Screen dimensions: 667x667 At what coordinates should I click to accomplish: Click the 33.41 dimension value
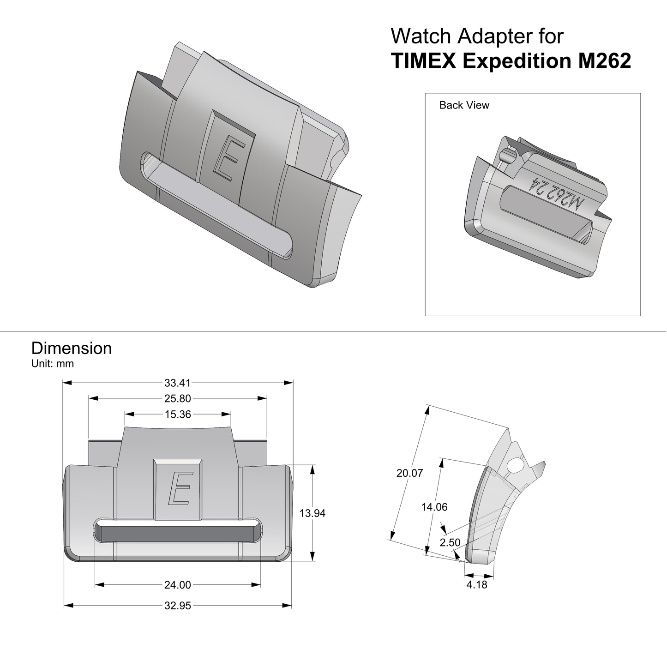click(x=178, y=383)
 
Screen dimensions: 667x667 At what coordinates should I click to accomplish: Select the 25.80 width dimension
click(x=178, y=398)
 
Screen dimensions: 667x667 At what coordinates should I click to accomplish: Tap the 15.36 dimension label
click(x=178, y=415)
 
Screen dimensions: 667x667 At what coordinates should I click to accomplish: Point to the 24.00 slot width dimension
click(x=178, y=585)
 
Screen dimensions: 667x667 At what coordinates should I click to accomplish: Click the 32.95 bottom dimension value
click(x=178, y=606)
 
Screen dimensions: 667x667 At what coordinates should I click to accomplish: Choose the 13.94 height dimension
click(x=312, y=513)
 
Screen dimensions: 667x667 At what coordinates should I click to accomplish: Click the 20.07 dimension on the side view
click(x=409, y=473)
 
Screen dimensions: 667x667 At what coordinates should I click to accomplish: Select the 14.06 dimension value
click(x=434, y=507)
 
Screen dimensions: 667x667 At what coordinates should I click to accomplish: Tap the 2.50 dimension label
click(x=450, y=542)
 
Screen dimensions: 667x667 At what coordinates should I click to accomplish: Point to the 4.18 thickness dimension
click(x=477, y=585)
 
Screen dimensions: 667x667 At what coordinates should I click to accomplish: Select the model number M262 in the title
click(x=604, y=61)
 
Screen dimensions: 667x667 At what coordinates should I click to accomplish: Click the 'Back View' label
click(x=464, y=105)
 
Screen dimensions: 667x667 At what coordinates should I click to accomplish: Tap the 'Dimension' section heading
click(x=72, y=348)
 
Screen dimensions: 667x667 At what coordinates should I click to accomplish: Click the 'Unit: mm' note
click(x=53, y=364)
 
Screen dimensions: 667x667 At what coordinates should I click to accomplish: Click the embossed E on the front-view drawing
click(x=178, y=488)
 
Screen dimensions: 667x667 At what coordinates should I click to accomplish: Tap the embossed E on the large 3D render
click(x=227, y=160)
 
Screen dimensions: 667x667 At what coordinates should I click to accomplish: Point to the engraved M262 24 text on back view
click(x=557, y=193)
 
